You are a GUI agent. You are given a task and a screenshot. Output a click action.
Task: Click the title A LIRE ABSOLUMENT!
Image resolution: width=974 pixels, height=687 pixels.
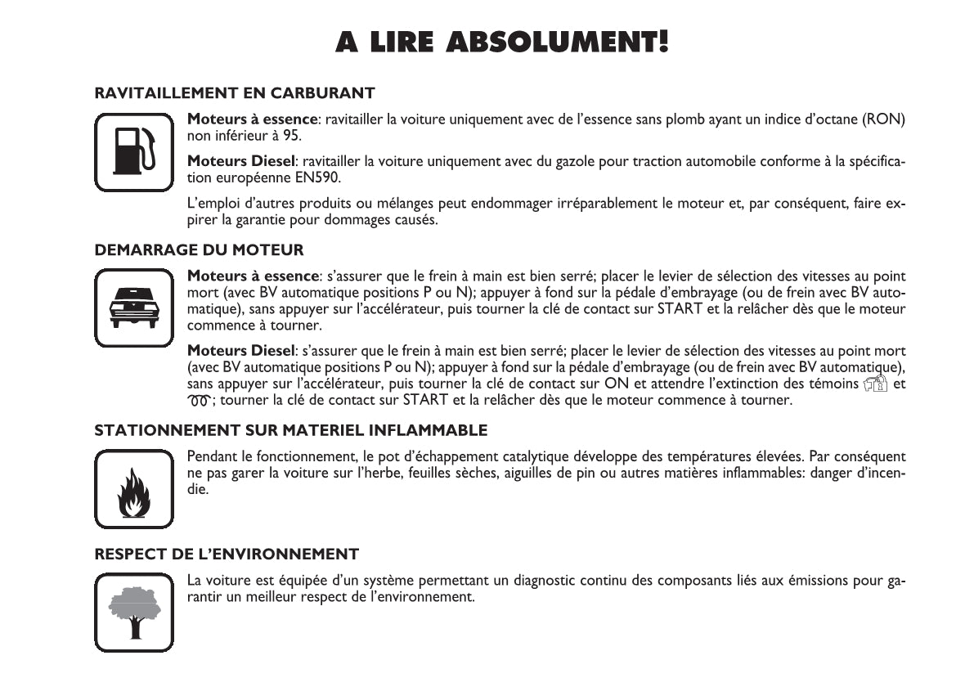502,42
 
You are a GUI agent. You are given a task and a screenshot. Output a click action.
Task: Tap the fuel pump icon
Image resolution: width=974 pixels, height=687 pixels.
133,153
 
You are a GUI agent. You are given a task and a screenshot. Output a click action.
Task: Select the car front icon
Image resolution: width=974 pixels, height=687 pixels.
133,308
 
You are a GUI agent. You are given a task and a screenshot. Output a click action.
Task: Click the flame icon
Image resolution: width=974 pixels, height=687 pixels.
133,489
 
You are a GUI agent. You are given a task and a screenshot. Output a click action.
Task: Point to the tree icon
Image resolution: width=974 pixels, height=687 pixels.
133,612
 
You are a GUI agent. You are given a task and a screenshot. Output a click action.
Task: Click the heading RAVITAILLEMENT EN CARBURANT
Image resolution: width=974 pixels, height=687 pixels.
235,93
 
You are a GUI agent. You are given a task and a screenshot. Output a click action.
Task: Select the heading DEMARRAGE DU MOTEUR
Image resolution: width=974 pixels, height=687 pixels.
199,249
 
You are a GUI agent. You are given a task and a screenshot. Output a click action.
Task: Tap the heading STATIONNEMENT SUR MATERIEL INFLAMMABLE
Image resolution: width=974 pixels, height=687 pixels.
290,430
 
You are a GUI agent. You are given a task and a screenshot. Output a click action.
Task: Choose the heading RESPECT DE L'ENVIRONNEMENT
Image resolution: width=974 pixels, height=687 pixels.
227,555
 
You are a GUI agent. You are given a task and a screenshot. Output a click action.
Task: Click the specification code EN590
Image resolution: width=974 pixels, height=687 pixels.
321,177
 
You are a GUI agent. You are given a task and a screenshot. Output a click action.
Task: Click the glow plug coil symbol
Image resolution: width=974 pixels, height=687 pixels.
200,401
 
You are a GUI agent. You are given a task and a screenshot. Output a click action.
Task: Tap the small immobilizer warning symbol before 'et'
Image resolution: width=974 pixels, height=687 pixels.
874,384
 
